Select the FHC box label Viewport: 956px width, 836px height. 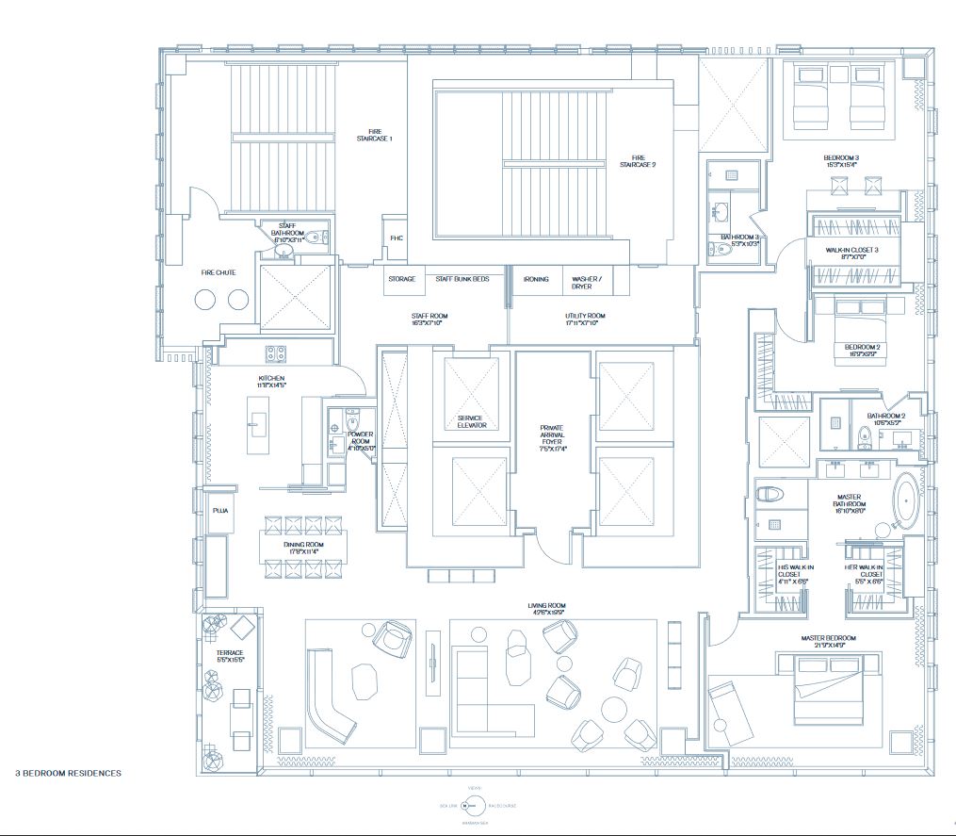397,238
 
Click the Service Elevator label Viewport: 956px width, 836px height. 471,421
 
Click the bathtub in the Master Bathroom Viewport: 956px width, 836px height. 905,499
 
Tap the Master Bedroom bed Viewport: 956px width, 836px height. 826,686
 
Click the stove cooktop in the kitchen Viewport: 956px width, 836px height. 275,353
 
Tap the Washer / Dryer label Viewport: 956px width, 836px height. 585,283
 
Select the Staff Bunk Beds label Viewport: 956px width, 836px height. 462,280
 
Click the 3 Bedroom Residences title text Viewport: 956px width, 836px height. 68,773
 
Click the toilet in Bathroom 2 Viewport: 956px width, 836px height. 864,435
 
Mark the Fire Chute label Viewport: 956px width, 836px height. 218,272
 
